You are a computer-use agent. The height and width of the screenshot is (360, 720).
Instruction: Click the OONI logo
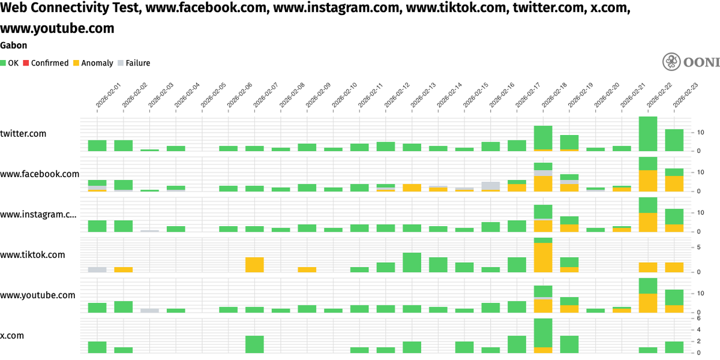point(690,62)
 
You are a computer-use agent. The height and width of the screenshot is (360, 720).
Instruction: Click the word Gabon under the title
point(13,45)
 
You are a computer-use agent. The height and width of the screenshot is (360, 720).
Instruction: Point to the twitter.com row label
point(23,134)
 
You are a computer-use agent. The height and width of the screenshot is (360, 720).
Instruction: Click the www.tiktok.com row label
point(32,255)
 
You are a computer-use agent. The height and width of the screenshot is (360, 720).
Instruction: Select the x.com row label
point(13,336)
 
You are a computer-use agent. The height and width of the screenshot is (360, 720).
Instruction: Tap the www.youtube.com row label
point(38,295)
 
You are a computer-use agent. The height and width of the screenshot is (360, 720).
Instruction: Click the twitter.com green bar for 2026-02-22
point(648,134)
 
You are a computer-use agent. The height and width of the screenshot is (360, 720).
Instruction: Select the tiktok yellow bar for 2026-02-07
point(254,265)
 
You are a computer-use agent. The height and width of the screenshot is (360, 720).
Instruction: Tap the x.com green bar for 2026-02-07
point(254,344)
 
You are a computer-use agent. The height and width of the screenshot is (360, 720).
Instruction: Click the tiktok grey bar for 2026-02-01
point(97,269)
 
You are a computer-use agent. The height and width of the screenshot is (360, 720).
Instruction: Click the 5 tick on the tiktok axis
point(699,247)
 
